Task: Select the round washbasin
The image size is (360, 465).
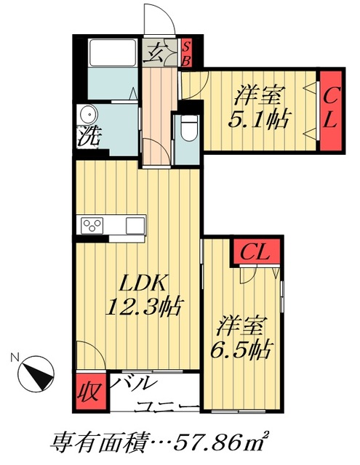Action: click(89, 116)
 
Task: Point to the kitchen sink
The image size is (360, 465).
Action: click(135, 225)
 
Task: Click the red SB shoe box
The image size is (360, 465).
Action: click(185, 52)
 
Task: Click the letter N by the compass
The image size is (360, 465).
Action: click(15, 357)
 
